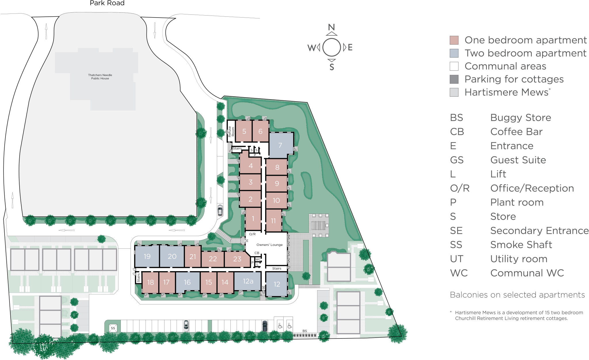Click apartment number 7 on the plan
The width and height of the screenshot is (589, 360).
pyautogui.click(x=280, y=145)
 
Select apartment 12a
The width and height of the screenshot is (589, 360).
pyautogui.click(x=248, y=281)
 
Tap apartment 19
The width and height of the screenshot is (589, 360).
pyautogui.click(x=147, y=256)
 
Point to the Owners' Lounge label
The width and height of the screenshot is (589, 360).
pyautogui.click(x=269, y=245)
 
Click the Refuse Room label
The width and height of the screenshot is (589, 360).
pyautogui.click(x=231, y=131)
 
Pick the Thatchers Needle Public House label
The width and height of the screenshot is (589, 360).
pyautogui.click(x=100, y=76)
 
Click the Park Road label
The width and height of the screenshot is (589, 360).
pyautogui.click(x=107, y=3)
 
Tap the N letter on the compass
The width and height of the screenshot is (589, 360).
pyautogui.click(x=332, y=27)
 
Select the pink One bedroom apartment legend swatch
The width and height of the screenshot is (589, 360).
pyautogui.click(x=454, y=40)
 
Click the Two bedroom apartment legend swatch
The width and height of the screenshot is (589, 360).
pyautogui.click(x=454, y=53)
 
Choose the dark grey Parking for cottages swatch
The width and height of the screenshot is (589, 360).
pyautogui.click(x=454, y=79)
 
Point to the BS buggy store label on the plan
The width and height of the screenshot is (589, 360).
pyautogui.click(x=305, y=331)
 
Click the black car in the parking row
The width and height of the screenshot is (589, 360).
pyautogui.click(x=265, y=326)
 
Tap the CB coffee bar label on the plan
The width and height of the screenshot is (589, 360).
pyautogui.click(x=257, y=253)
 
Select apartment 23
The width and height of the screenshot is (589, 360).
pyautogui.click(x=237, y=259)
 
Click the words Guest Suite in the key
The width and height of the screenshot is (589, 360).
pyautogui.click(x=518, y=160)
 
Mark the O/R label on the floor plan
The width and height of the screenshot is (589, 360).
pyautogui.click(x=252, y=234)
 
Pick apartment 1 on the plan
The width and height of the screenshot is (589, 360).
pyautogui.click(x=253, y=219)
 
